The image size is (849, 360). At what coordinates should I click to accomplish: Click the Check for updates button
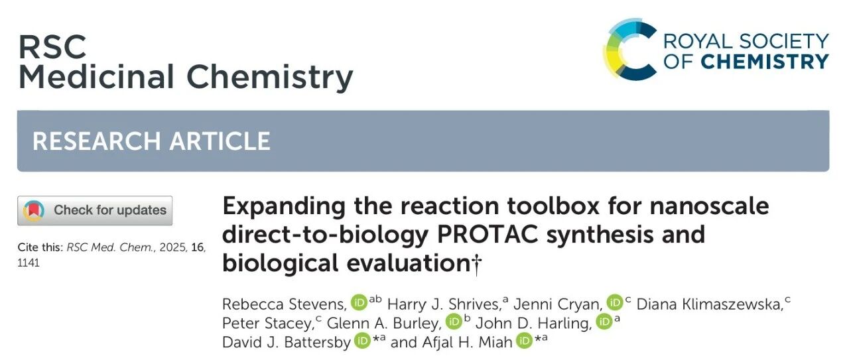pyautogui.click(x=95, y=210)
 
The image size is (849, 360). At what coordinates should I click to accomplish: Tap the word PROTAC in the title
pyautogui.click(x=488, y=234)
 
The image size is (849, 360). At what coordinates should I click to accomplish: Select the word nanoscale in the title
pyautogui.click(x=710, y=206)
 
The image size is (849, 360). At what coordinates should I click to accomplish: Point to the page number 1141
pyautogui.click(x=29, y=263)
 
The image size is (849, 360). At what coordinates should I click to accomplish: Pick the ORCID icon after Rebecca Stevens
pyautogui.click(x=359, y=302)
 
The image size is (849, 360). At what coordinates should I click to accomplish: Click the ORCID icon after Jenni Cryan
pyautogui.click(x=615, y=302)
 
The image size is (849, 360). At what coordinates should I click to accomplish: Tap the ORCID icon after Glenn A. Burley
pyautogui.click(x=453, y=322)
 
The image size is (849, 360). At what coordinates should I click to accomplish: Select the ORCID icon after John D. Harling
pyautogui.click(x=604, y=322)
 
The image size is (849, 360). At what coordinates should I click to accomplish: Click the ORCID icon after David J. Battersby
pyautogui.click(x=363, y=341)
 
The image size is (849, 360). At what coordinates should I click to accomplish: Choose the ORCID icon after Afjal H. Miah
pyautogui.click(x=525, y=341)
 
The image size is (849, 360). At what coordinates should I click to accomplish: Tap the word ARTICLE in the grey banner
pyautogui.click(x=220, y=141)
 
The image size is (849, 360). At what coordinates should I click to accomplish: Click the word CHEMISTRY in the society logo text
pyautogui.click(x=765, y=62)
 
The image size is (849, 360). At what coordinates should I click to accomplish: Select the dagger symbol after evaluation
pyautogui.click(x=476, y=265)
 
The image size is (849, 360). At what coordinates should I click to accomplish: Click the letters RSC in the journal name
pyautogui.click(x=52, y=46)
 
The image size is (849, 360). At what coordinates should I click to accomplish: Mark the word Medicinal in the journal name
pyautogui.click(x=96, y=76)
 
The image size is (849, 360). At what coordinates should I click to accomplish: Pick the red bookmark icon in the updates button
pyautogui.click(x=34, y=210)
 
